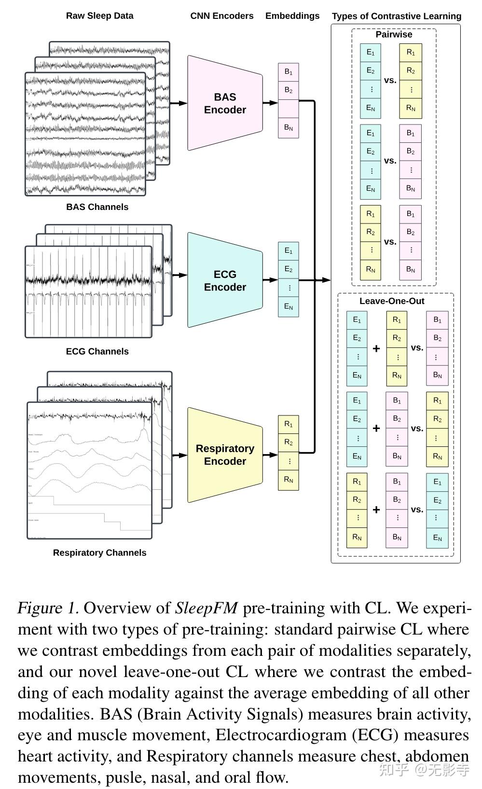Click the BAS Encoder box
tap(225, 103)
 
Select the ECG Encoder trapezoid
tap(225, 280)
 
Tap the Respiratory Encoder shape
tap(225, 455)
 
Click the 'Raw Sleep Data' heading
tap(99, 16)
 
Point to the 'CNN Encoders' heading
tap(221, 16)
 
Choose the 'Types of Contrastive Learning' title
tap(396, 16)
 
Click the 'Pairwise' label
tap(394, 35)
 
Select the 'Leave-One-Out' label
tap(392, 301)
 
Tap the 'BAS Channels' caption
tap(97, 207)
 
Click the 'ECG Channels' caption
tap(97, 351)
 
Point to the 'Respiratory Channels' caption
tap(99, 553)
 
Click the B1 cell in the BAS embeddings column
tap(289, 72)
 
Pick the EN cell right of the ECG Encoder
tap(289, 306)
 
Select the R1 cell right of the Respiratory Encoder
tap(289, 424)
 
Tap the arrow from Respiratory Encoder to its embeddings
tap(270, 454)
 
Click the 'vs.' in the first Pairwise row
tap(390, 81)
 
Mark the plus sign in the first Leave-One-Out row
tap(376, 348)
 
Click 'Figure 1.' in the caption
tap(48, 608)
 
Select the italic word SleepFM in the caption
tap(207, 608)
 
